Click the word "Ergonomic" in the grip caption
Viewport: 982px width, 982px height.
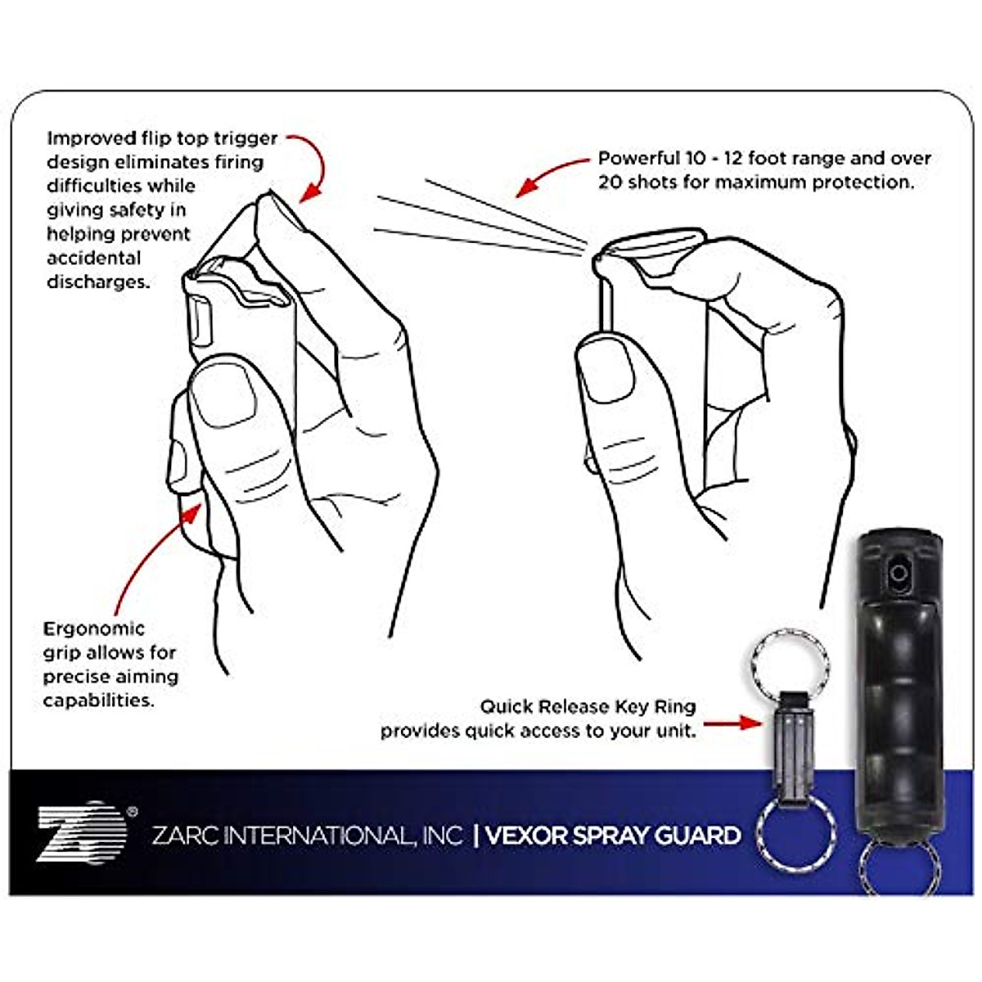point(94,629)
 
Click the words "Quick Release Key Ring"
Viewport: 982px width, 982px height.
point(588,706)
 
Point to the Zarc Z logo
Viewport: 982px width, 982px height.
point(82,832)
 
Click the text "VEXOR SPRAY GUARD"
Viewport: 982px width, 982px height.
point(613,836)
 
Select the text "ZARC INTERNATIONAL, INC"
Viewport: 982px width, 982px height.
point(308,836)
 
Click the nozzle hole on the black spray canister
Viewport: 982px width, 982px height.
point(899,572)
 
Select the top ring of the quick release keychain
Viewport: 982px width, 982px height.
point(789,660)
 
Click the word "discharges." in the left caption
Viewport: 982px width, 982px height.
point(98,282)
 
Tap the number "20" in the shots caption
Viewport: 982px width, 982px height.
point(610,182)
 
